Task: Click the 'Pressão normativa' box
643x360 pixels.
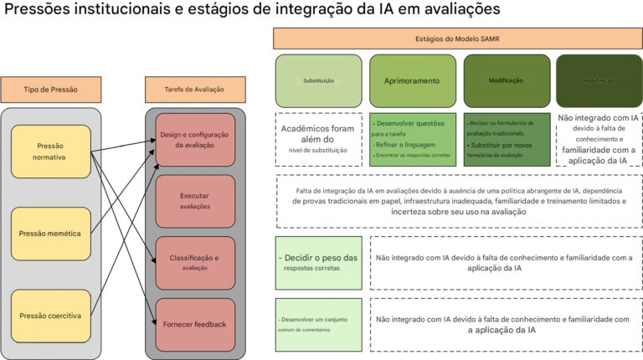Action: click(x=50, y=152)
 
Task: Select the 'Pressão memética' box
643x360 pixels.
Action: click(x=50, y=234)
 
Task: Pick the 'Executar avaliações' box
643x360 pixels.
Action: click(x=195, y=201)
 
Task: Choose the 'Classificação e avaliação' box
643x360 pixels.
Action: click(x=195, y=263)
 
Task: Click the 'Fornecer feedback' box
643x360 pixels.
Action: click(x=195, y=324)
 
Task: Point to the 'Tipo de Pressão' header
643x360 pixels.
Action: click(x=51, y=90)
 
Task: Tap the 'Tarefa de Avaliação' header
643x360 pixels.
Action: click(x=195, y=90)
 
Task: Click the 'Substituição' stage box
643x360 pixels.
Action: click(x=319, y=80)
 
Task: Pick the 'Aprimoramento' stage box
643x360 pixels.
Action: click(x=413, y=80)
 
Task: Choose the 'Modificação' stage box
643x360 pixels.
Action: click(x=507, y=80)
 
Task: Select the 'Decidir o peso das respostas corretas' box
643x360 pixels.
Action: click(x=319, y=263)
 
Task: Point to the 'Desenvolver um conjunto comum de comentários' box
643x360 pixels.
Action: click(x=319, y=324)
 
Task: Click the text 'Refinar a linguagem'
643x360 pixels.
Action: click(x=405, y=144)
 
